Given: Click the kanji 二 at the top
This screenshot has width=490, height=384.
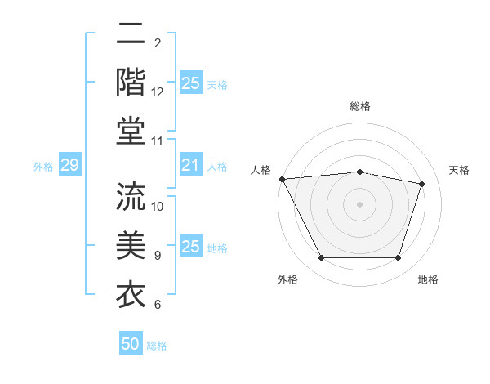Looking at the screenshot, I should [x=131, y=35].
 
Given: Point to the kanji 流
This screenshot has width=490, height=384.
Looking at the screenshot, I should [x=131, y=196].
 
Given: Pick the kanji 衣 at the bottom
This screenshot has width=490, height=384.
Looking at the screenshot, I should [x=131, y=292].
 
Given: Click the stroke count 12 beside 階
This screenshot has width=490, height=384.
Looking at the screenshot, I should [x=158, y=93].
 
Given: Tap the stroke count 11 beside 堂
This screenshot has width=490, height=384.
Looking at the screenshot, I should [x=158, y=142].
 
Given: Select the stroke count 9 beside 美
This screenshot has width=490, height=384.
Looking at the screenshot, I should [x=158, y=256].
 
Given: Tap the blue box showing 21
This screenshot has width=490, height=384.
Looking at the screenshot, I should [x=190, y=166].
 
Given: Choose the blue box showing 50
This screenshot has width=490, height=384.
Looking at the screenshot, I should [x=131, y=344].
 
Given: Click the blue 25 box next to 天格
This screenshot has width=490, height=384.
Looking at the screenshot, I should [x=190, y=83].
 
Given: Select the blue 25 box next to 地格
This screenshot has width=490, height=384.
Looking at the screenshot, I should [x=190, y=248].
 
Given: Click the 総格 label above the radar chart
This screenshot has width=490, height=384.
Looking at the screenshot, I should [x=360, y=107].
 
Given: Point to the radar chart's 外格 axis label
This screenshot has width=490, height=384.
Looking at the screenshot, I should [x=287, y=279].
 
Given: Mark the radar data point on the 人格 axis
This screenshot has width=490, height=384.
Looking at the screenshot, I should [x=282, y=179].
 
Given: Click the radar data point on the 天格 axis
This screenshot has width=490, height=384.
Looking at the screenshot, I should [x=422, y=184].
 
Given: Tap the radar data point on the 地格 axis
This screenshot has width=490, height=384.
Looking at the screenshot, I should [x=399, y=258].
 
